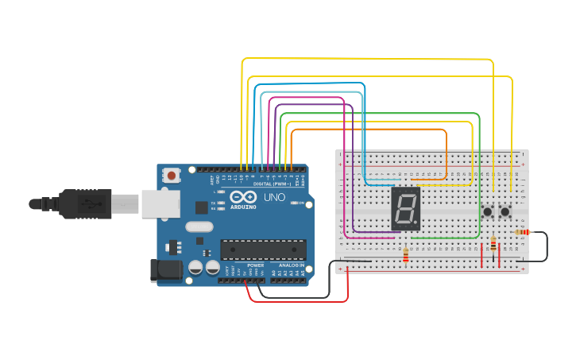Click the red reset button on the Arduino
(x=171, y=175)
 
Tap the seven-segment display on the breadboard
(x=405, y=209)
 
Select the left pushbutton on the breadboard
(x=487, y=211)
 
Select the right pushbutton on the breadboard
(x=504, y=211)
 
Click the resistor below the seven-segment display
(x=407, y=255)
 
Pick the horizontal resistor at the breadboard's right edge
(x=522, y=232)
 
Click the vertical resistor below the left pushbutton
(x=493, y=244)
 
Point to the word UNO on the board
(x=273, y=196)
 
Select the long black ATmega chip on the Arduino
(x=263, y=250)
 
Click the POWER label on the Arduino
(x=255, y=265)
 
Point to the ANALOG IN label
(x=291, y=265)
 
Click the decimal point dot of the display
(x=416, y=223)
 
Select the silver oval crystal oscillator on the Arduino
(x=199, y=226)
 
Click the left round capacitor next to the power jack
(x=195, y=268)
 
